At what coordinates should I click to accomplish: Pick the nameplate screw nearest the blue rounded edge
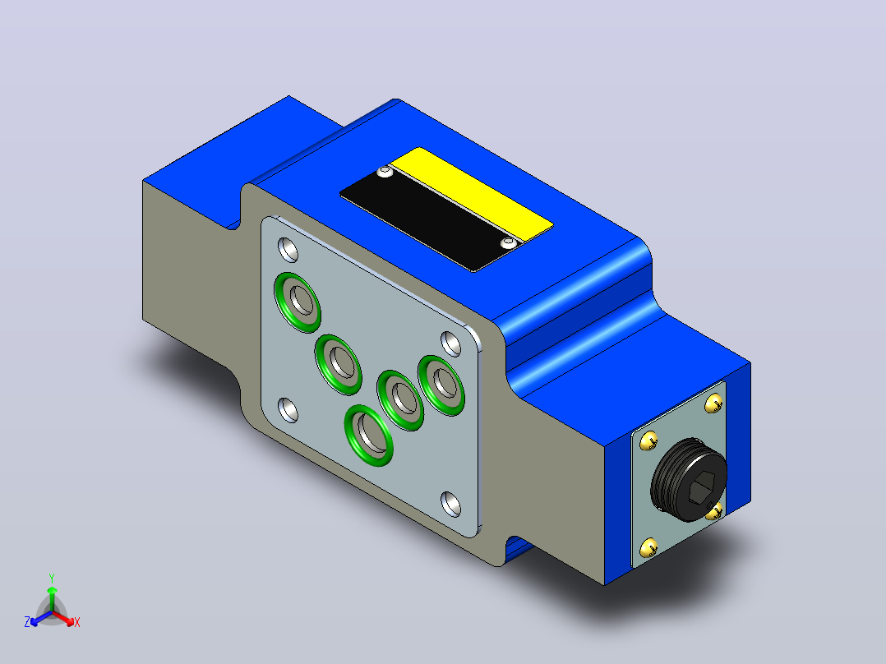click(x=509, y=243)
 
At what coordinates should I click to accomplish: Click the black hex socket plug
click(x=689, y=479)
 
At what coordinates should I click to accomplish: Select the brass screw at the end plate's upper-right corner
click(x=713, y=403)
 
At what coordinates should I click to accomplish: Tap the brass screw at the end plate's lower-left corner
click(x=648, y=547)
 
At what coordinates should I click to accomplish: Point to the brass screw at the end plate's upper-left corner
click(x=648, y=440)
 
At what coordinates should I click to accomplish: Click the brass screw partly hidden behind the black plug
click(x=715, y=511)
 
